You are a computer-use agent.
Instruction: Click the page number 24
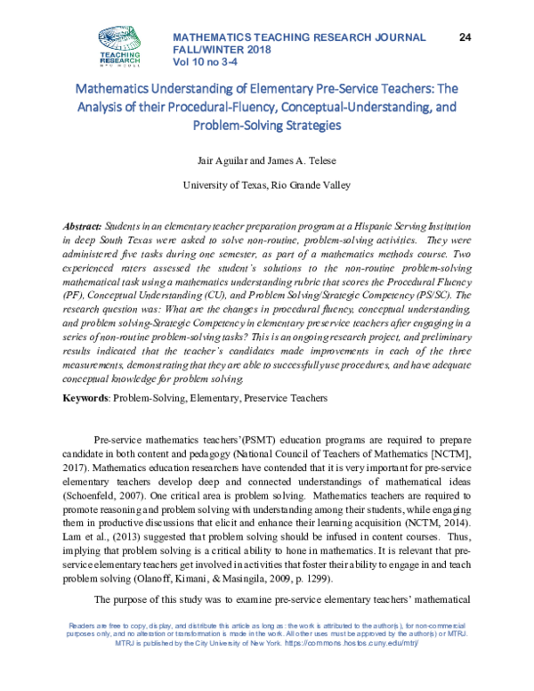(x=465, y=37)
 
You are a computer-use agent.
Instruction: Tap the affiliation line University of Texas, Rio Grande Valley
(x=266, y=185)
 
